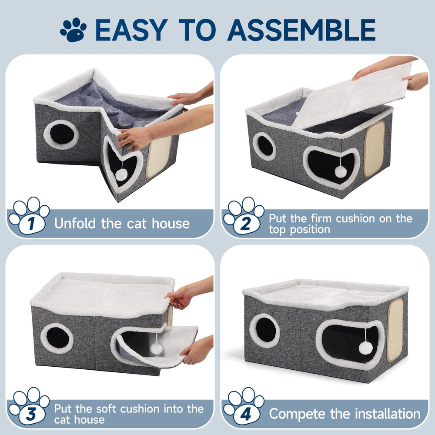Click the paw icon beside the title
(73, 30)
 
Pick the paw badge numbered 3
(29, 409)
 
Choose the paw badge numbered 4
(244, 409)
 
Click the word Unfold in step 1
(75, 224)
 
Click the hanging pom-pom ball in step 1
(121, 174)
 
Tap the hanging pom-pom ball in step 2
(340, 172)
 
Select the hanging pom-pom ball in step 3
(156, 348)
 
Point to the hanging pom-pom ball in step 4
(365, 347)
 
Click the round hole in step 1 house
(61, 135)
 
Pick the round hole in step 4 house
(265, 330)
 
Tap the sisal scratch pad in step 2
(374, 149)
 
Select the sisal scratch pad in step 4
(395, 330)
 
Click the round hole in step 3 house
(57, 338)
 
